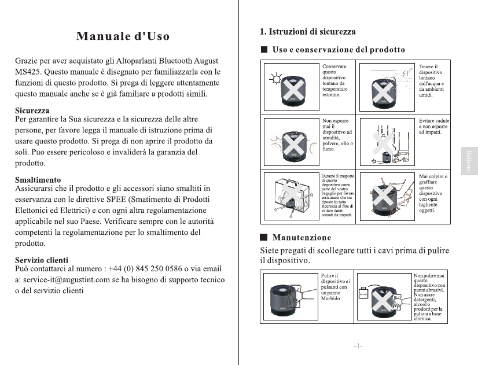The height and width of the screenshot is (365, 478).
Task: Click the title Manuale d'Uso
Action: (123, 36)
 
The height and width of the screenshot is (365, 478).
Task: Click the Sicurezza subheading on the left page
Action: (32, 110)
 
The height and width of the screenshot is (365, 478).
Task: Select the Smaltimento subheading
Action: (37, 180)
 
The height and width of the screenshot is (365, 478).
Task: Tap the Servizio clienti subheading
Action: (41, 260)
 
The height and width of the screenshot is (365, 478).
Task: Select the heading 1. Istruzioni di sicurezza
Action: (307, 31)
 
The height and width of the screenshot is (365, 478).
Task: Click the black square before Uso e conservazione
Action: (263, 50)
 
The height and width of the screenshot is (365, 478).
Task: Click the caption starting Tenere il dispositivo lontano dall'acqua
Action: (431, 81)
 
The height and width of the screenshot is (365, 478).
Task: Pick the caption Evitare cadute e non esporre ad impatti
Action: (433, 127)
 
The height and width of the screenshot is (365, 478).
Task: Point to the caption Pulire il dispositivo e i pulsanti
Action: (334, 287)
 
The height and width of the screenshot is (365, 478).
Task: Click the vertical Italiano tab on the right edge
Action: (469, 160)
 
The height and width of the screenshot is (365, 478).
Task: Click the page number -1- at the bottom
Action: (358, 346)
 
